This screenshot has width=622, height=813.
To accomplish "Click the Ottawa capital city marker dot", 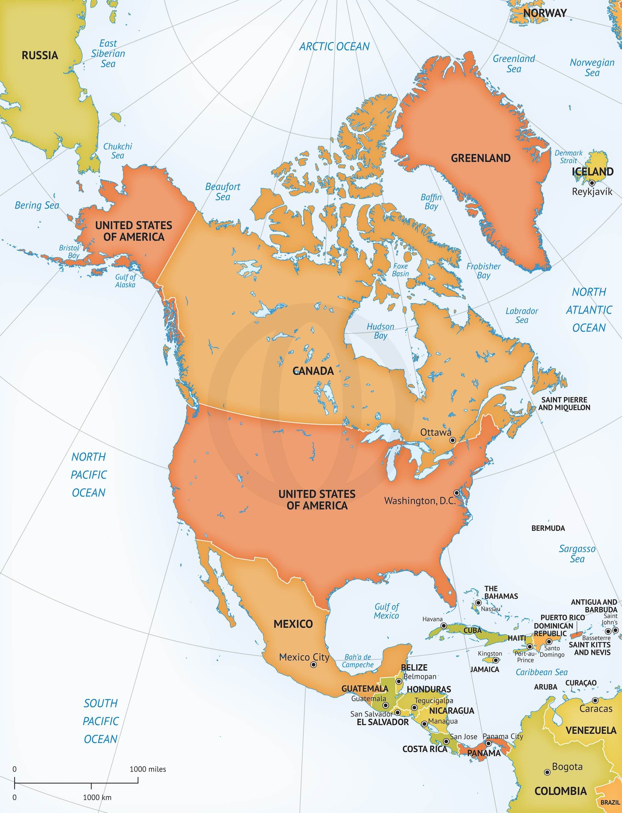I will click(452, 440).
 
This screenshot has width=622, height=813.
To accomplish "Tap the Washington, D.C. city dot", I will click(457, 493).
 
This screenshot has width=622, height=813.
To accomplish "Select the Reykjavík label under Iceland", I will click(592, 192).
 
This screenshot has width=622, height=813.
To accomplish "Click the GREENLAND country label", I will click(480, 158).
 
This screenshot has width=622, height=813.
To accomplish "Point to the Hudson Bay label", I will click(380, 331).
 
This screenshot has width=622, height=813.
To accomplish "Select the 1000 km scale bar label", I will click(97, 797).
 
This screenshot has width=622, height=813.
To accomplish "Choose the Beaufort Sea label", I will click(223, 192).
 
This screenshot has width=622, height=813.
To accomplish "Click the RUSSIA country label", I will click(40, 55).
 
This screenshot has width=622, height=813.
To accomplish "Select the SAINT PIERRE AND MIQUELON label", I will click(564, 403).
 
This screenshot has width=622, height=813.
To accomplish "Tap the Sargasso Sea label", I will click(577, 554).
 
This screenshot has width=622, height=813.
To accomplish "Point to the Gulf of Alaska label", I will click(125, 281).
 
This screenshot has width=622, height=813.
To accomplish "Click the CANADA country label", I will click(313, 371).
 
